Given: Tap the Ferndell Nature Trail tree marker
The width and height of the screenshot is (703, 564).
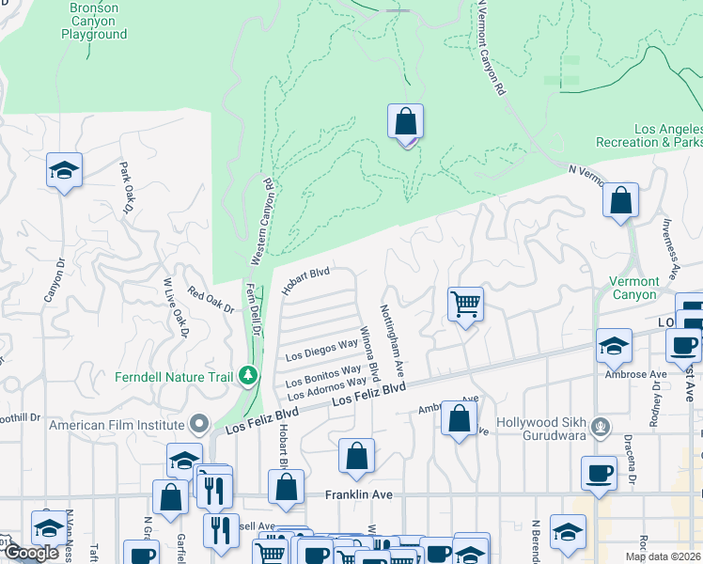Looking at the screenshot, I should coord(248,376).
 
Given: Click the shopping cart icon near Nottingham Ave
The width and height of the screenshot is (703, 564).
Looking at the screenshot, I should coord(465,305).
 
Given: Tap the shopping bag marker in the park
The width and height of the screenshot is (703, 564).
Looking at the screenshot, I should coord(405,122).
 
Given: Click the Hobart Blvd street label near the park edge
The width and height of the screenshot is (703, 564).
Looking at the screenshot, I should coord(306,279).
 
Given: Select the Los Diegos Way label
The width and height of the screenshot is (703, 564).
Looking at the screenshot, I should coord(322,351).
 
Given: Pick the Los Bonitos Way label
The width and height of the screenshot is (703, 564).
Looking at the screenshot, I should coord(324,375).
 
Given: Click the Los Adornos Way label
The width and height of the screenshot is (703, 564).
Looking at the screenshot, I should coord(325,387).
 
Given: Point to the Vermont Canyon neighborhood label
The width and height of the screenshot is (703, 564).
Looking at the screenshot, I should coord(635,288).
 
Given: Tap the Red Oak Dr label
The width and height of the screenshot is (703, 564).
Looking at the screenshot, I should coord(211,301).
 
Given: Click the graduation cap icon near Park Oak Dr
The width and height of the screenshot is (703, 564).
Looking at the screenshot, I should coord(65,170).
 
